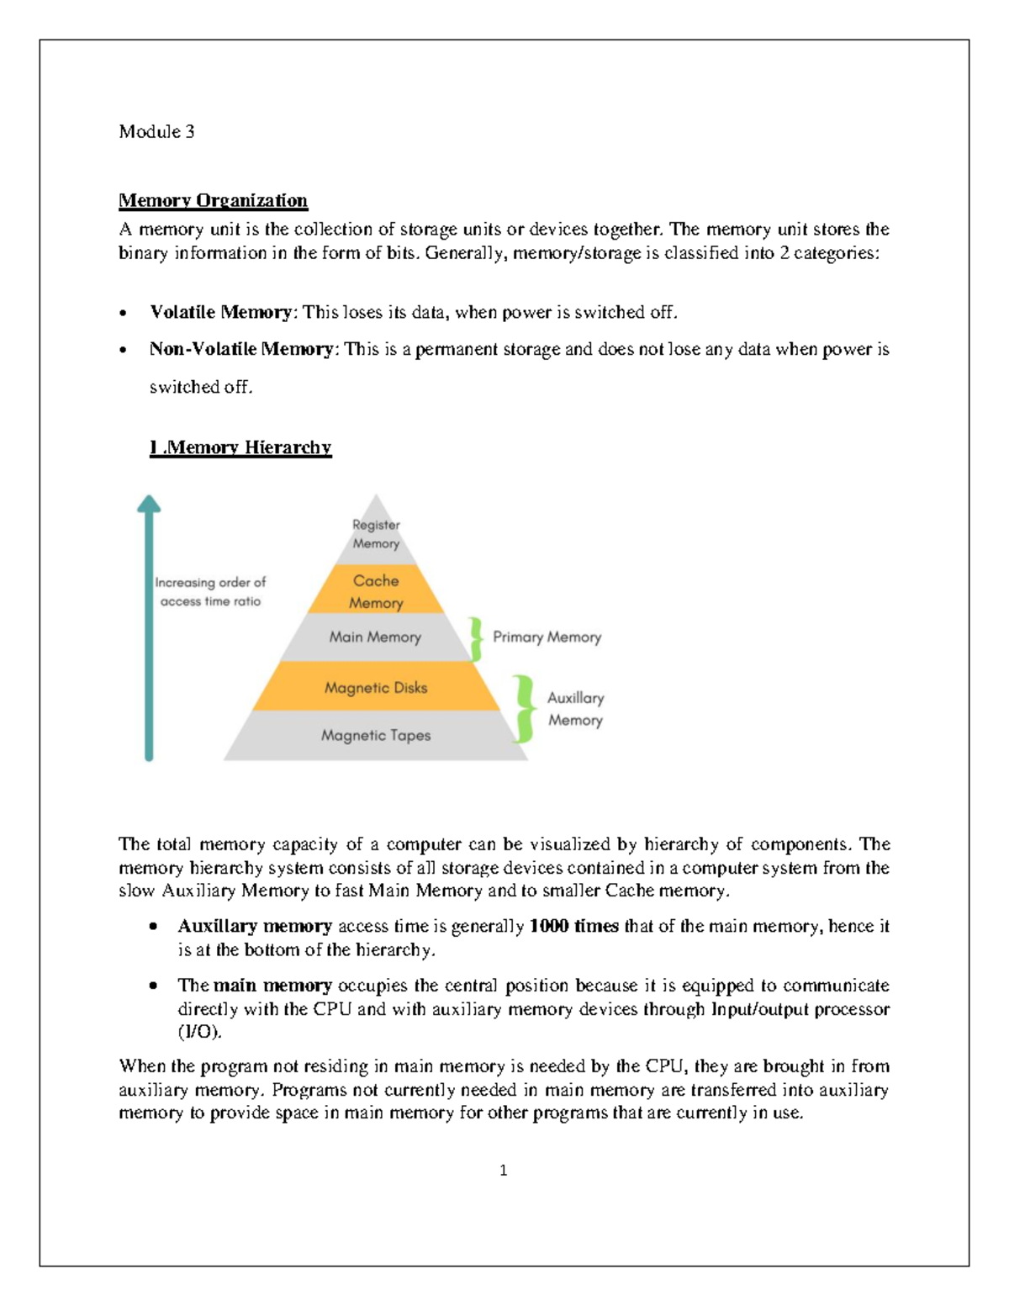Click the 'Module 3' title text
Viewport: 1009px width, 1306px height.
(x=156, y=131)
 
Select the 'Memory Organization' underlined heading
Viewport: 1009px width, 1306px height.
(x=213, y=200)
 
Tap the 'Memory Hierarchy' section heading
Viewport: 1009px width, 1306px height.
(x=240, y=447)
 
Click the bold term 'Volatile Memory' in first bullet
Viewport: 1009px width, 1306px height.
(x=220, y=312)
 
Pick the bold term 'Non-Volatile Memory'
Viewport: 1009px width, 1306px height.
(x=240, y=349)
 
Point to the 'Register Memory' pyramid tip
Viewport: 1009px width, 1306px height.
(x=376, y=534)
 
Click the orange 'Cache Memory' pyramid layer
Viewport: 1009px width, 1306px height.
(x=376, y=591)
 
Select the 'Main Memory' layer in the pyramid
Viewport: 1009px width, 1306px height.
(x=375, y=637)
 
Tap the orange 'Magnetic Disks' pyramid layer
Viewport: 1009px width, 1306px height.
(x=376, y=687)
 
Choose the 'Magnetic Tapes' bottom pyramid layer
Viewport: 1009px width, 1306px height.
(x=376, y=736)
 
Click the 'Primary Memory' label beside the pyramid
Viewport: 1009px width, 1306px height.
(x=547, y=637)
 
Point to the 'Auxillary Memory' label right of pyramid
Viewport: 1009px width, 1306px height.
(x=575, y=709)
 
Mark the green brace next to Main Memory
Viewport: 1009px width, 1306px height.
(x=476, y=639)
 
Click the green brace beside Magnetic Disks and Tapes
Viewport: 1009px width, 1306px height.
(x=525, y=709)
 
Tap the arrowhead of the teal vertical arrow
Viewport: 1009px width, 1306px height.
(x=149, y=504)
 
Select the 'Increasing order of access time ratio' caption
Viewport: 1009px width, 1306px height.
(x=210, y=591)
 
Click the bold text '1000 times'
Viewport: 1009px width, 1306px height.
(x=573, y=926)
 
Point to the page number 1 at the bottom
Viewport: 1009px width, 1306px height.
(x=503, y=1170)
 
